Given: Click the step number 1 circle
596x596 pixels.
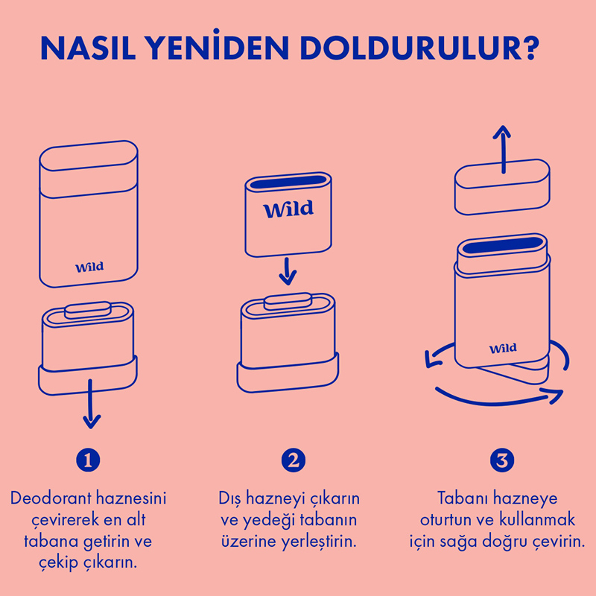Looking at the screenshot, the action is tap(88, 460).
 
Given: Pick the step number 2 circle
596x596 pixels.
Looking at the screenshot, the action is tap(293, 460).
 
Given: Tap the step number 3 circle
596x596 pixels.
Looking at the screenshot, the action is tap(502, 460).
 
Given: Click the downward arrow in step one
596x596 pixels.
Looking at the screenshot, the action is tap(90, 404).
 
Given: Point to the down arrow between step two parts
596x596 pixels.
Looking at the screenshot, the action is tap(288, 271).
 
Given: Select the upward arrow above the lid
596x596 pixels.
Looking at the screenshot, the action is tap(502, 149).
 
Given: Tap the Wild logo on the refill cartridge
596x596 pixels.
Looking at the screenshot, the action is tap(288, 209).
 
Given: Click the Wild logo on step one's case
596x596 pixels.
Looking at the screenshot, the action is tap(89, 267).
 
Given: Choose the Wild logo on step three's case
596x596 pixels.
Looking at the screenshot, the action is tap(503, 348).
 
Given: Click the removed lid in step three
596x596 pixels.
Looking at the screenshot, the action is tap(502, 187).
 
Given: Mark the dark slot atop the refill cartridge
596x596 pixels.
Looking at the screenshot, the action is tap(288, 182).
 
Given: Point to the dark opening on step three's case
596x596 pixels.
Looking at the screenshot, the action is tap(502, 245).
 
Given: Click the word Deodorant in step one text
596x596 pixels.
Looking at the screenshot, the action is tap(51, 498).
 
